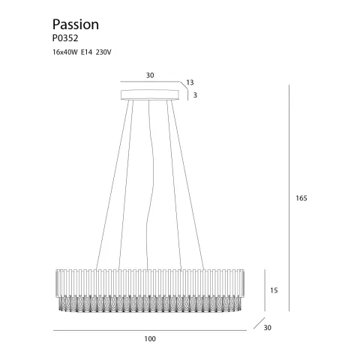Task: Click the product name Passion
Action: point(76,25)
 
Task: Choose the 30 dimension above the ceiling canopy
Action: point(150,75)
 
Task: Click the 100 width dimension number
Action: point(150,340)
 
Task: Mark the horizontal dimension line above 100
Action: point(150,330)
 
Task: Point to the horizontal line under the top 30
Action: point(150,83)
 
